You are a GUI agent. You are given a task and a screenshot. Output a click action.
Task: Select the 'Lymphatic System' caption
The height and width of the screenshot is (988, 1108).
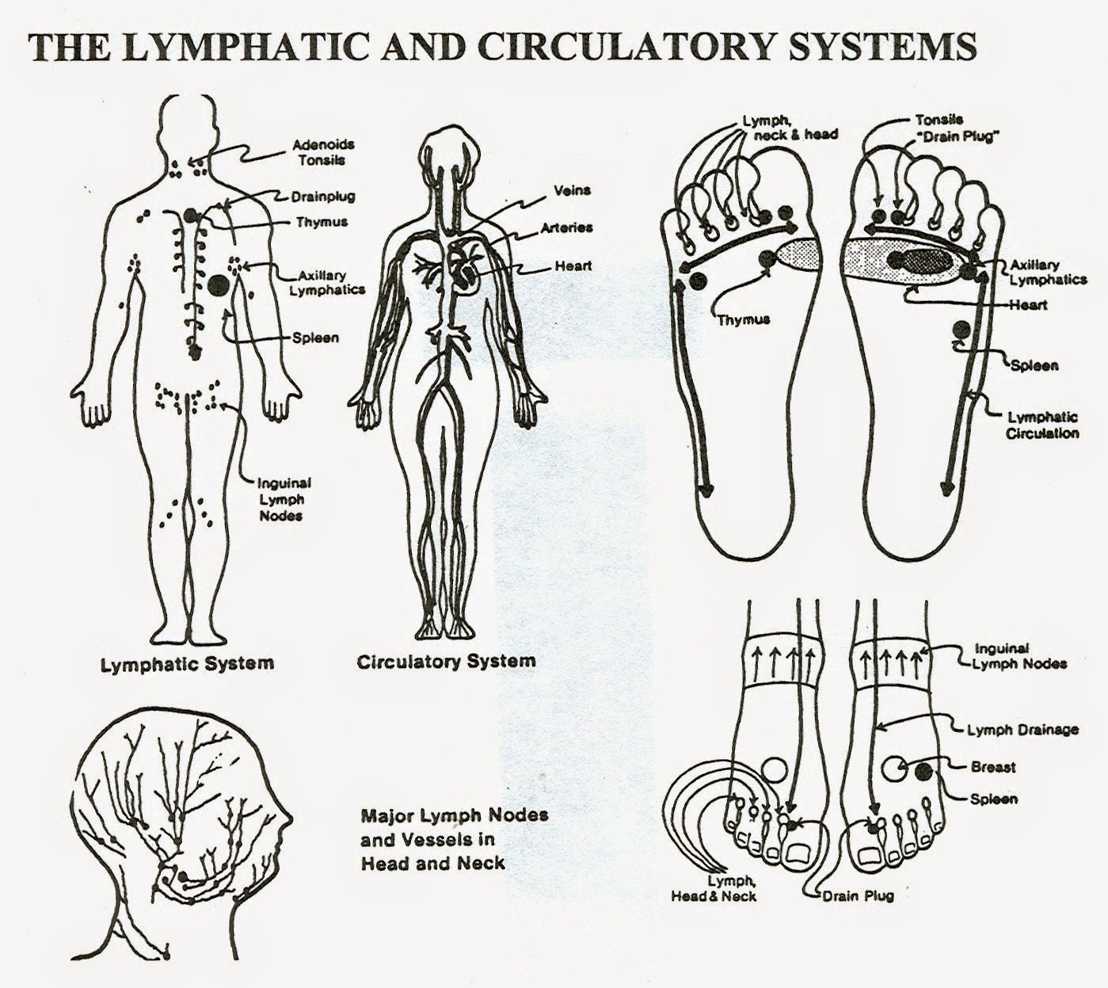tap(187, 665)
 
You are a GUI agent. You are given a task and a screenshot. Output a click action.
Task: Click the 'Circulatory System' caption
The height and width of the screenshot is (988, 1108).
tap(446, 662)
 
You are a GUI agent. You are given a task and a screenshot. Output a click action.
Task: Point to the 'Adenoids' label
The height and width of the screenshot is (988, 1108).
tap(323, 144)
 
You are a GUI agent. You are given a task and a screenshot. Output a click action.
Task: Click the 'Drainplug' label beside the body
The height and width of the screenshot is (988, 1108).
tap(323, 196)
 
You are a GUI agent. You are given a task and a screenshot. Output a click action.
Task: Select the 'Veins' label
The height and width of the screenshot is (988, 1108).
tap(572, 190)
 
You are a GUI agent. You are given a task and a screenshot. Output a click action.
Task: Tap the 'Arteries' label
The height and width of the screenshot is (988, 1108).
tap(567, 227)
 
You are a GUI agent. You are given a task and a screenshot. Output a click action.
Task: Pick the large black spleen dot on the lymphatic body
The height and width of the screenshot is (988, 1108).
tap(219, 284)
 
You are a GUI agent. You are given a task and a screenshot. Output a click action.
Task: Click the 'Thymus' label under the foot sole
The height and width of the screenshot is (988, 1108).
tap(743, 319)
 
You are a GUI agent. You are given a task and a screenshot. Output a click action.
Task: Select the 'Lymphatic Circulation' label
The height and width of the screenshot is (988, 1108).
tap(1042, 425)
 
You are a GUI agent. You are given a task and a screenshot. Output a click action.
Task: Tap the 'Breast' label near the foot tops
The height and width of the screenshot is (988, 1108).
tap(993, 767)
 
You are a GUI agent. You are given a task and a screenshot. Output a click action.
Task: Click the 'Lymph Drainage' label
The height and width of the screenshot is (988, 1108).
tap(1022, 730)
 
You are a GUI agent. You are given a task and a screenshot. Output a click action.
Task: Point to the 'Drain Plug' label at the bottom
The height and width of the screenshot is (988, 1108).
tap(858, 895)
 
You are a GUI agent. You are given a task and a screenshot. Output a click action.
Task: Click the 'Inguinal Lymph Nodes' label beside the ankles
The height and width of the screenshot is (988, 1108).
tap(1021, 656)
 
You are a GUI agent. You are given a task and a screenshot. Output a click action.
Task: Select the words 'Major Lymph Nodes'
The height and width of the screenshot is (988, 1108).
tap(455, 815)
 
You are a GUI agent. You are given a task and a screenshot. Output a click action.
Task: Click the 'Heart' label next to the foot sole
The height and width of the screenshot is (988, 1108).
tap(1028, 304)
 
